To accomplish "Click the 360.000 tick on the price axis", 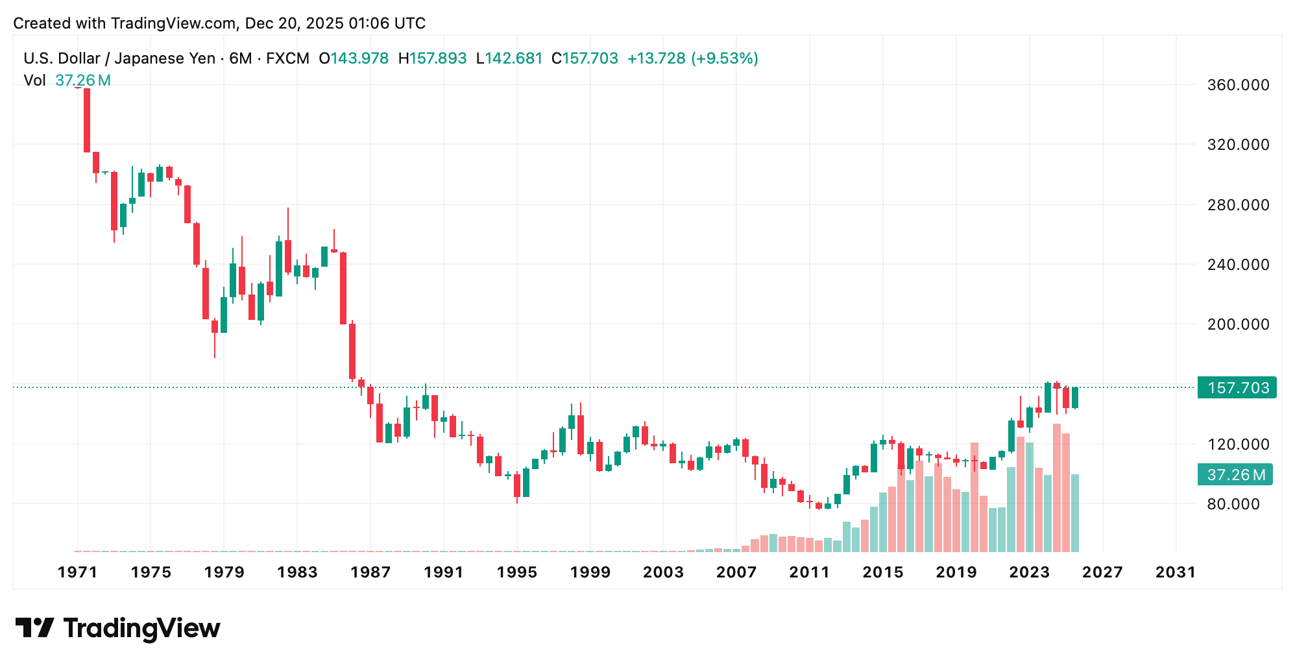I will pyautogui.click(x=1237, y=85).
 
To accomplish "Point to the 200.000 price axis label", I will pyautogui.click(x=1237, y=324).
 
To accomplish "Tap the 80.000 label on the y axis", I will pyautogui.click(x=1233, y=504).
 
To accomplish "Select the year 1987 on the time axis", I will pyautogui.click(x=370, y=572).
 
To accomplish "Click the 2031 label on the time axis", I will pyautogui.click(x=1176, y=572).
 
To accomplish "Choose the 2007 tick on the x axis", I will pyautogui.click(x=736, y=572).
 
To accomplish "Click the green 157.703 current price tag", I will pyautogui.click(x=1237, y=388).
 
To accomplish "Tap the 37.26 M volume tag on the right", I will pyautogui.click(x=1235, y=475).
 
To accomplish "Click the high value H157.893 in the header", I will pyautogui.click(x=432, y=58).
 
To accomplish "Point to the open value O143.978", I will pyautogui.click(x=354, y=58).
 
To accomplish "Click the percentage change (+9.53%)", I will pyautogui.click(x=725, y=58).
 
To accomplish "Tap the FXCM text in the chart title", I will pyautogui.click(x=287, y=58).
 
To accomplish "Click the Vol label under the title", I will pyautogui.click(x=34, y=80).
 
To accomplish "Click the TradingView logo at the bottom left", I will pyautogui.click(x=118, y=628).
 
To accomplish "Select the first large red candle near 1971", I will pyautogui.click(x=87, y=120).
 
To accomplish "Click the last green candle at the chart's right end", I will pyautogui.click(x=1075, y=398).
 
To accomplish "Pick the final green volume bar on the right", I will pyautogui.click(x=1075, y=513).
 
